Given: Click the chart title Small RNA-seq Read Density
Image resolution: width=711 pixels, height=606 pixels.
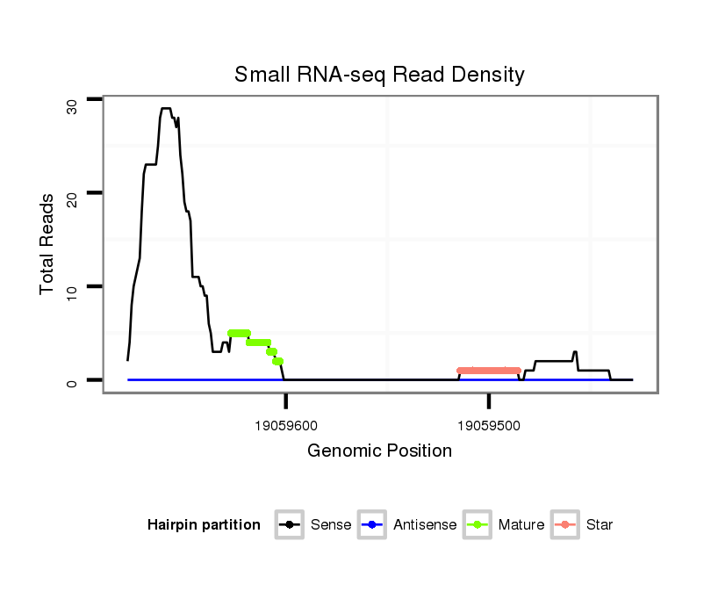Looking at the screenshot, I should click(x=379, y=75).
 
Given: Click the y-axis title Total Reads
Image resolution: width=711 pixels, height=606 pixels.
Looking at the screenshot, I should click(x=49, y=244).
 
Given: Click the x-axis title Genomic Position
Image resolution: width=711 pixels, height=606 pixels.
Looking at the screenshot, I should click(x=379, y=451).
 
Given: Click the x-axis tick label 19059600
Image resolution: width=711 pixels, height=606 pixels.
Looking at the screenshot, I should click(x=286, y=424).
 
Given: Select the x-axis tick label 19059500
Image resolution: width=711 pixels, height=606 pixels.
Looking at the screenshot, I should click(x=489, y=424).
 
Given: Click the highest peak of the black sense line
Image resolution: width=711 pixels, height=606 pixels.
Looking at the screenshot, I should click(x=165, y=109).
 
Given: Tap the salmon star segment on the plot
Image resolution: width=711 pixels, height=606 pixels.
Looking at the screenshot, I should click(x=488, y=371).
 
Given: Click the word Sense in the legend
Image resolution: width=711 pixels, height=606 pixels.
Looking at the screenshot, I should click(x=331, y=525).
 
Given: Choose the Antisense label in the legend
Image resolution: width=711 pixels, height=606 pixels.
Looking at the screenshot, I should click(x=425, y=525).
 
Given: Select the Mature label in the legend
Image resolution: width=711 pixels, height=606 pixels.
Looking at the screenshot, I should click(x=521, y=525).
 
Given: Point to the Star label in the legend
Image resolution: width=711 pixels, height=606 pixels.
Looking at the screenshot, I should click(x=599, y=525).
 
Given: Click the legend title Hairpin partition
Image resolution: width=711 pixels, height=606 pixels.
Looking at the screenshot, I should click(x=204, y=525).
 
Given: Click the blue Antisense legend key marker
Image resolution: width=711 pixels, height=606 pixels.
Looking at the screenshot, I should click(x=372, y=525).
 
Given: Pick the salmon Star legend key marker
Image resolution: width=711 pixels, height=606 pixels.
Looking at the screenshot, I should click(x=565, y=525).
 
